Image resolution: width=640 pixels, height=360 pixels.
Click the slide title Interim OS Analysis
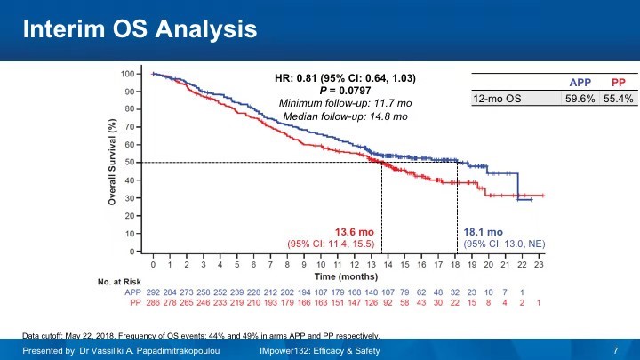tap(140, 29)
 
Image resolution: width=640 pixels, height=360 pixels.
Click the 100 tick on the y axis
tap(127, 74)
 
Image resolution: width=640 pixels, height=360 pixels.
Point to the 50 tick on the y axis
tap(130, 163)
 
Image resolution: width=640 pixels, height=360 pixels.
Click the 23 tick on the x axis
tap(539, 265)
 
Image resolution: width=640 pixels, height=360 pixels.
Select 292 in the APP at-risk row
tap(154, 292)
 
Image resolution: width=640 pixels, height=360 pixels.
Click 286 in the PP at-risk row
tap(154, 302)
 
